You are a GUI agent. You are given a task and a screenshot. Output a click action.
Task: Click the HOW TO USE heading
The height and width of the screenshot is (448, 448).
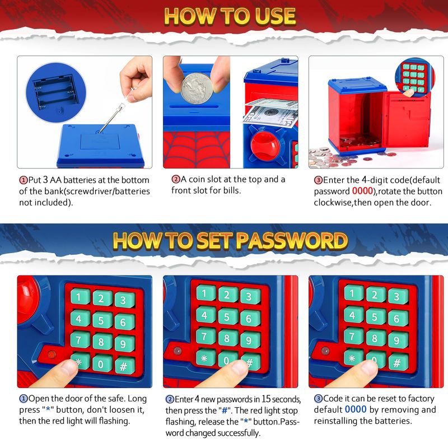pyautogui.click(x=230, y=16)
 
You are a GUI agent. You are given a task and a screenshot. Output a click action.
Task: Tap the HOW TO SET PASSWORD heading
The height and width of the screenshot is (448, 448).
pyautogui.click(x=230, y=241)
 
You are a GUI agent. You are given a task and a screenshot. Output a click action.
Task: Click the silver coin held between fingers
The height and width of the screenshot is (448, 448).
pyautogui.click(x=197, y=88)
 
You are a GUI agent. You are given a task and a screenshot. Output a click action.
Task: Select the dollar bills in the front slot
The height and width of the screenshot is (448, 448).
pyautogui.click(x=270, y=113)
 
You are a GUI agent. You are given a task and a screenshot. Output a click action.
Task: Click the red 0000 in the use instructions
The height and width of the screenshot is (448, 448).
pyautogui.click(x=362, y=191)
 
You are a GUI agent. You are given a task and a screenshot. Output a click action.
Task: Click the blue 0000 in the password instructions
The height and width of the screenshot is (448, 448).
pyautogui.click(x=356, y=409)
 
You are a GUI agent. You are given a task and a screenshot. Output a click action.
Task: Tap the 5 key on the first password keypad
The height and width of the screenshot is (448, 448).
pyautogui.click(x=101, y=320)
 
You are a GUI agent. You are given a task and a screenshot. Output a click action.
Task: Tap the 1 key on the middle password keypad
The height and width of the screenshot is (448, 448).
pyautogui.click(x=205, y=293)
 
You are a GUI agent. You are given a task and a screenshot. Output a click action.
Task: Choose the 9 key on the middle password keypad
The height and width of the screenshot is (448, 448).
pyautogui.click(x=249, y=339)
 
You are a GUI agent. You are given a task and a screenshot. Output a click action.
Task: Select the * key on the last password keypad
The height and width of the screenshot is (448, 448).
pyautogui.click(x=353, y=358)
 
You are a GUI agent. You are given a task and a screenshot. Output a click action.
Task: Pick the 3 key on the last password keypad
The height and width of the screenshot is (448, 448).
pyautogui.click(x=397, y=296)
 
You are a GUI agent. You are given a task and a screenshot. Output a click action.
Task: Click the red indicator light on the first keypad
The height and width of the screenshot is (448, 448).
pyautogui.click(x=52, y=354)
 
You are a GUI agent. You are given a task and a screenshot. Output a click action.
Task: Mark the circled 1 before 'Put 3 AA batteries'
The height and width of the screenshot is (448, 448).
pyautogui.click(x=24, y=180)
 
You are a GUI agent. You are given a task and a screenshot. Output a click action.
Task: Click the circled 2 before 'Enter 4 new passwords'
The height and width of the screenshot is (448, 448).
pyautogui.click(x=170, y=399)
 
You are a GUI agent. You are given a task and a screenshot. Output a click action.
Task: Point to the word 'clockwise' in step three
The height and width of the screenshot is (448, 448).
pyautogui.click(x=333, y=203)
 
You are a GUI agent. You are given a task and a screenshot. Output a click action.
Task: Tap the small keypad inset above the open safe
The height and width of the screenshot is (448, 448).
pyautogui.click(x=414, y=77)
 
